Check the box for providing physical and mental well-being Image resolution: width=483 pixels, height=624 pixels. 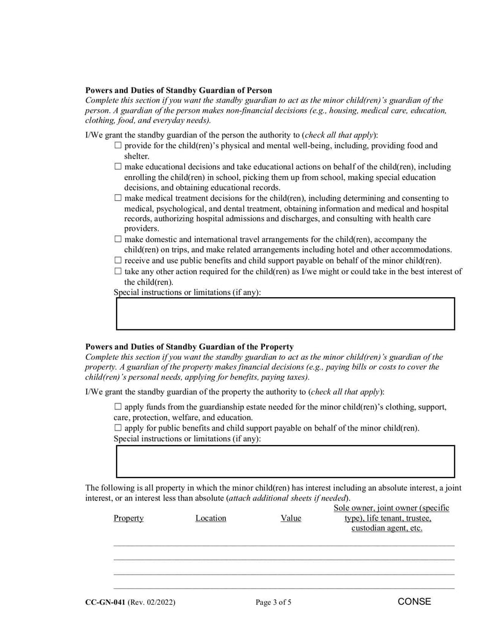118,146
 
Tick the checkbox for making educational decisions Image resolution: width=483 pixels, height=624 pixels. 118,167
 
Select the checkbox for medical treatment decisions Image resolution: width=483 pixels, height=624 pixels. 118,198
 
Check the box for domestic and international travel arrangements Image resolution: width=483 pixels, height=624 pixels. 118,239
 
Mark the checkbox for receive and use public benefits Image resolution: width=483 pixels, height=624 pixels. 118,260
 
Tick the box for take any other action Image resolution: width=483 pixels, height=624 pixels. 118,271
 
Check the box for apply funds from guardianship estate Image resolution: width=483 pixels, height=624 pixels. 118,407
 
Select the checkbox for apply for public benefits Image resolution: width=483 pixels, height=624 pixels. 118,428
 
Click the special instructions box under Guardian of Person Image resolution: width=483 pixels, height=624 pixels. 285,314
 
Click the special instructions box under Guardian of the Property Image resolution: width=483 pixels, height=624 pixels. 285,462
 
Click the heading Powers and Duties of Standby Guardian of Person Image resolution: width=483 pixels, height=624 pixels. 179,90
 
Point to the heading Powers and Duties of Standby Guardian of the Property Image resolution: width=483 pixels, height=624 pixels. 190,347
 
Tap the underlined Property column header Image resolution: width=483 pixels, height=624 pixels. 129,518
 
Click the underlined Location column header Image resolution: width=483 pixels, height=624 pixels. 211,518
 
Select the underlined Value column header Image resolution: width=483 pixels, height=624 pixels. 291,518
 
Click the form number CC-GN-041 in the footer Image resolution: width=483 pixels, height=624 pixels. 106,602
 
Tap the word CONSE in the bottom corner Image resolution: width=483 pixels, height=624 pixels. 414,602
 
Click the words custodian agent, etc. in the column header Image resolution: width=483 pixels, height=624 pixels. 387,529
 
